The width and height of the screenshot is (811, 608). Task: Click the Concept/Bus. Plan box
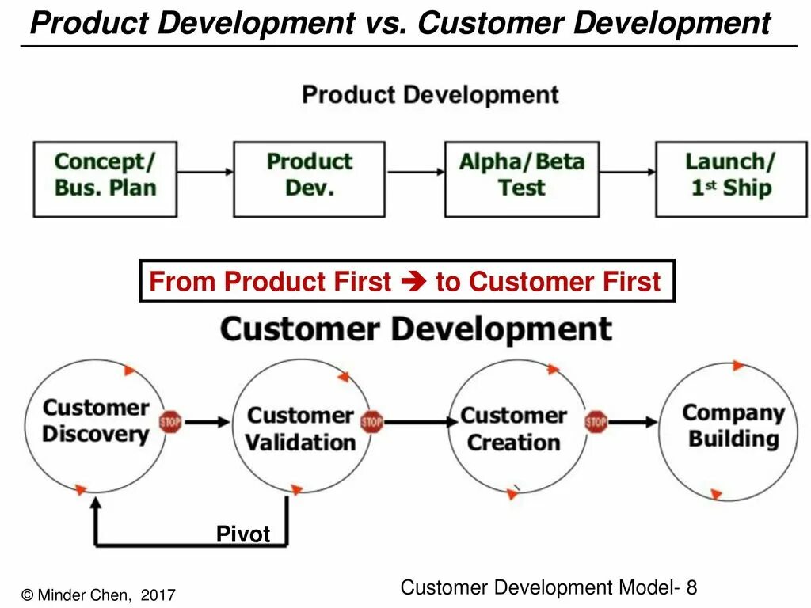click(x=105, y=179)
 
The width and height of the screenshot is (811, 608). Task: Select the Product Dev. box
click(x=309, y=179)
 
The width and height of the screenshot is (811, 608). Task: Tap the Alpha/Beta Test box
click(x=521, y=179)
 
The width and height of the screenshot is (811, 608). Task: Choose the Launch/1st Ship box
click(x=729, y=179)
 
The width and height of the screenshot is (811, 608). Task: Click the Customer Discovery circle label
click(x=95, y=421)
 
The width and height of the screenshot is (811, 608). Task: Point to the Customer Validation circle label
click(x=300, y=428)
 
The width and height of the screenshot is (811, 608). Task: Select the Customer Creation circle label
click(x=513, y=428)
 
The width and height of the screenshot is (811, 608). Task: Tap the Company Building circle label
click(x=733, y=425)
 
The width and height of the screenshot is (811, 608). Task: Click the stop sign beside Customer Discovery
click(x=170, y=422)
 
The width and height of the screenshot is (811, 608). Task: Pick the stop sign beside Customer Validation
click(x=371, y=422)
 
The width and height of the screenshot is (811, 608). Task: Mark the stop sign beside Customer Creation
click(x=596, y=422)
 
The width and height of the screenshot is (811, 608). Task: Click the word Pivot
click(x=243, y=534)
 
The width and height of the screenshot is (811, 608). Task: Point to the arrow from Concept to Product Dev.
click(x=204, y=171)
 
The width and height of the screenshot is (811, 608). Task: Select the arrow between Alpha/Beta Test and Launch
click(x=626, y=171)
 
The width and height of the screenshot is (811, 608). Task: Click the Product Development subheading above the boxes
click(x=430, y=95)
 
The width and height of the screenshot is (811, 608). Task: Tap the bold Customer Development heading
click(x=416, y=329)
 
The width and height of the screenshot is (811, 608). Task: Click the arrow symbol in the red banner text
click(x=413, y=282)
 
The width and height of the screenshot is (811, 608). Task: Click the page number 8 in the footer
click(x=691, y=587)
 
